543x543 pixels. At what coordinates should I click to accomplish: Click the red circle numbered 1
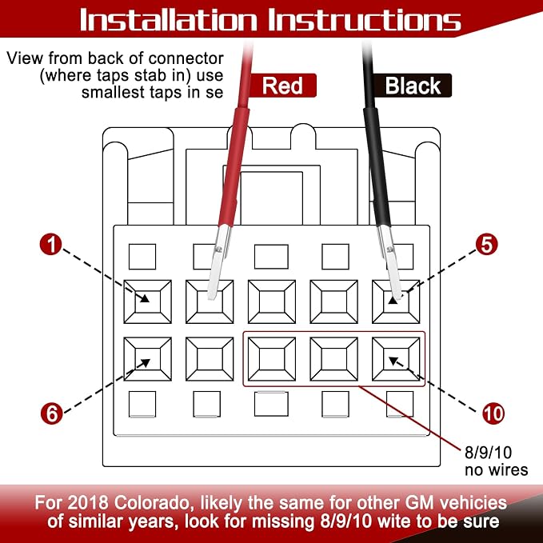pyautogui.click(x=51, y=245)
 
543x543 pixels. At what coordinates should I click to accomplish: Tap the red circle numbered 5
pyautogui.click(x=486, y=245)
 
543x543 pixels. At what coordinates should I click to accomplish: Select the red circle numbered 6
pyautogui.click(x=52, y=413)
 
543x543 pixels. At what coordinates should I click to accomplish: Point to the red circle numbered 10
pyautogui.click(x=493, y=413)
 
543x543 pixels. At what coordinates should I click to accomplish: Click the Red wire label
pyautogui.click(x=282, y=86)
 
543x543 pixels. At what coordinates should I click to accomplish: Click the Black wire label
pyautogui.click(x=413, y=86)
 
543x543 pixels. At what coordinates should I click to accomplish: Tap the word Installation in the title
pyautogui.click(x=169, y=20)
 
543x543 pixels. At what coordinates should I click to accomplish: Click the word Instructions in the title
pyautogui.click(x=365, y=20)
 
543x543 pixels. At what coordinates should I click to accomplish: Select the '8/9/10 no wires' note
pyautogui.click(x=496, y=461)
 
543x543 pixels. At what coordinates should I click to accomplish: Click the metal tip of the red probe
pyautogui.click(x=218, y=262)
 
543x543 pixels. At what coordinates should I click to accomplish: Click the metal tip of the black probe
pyautogui.click(x=390, y=262)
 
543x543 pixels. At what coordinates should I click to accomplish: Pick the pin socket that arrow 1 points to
pyautogui.click(x=147, y=301)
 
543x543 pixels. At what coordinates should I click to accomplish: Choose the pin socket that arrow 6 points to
pyautogui.click(x=147, y=359)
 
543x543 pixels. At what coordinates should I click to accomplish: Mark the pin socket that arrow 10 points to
pyautogui.click(x=396, y=359)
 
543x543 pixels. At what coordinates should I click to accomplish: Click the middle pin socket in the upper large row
pyautogui.click(x=272, y=301)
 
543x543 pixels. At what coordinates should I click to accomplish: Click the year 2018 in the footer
pyautogui.click(x=89, y=503)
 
